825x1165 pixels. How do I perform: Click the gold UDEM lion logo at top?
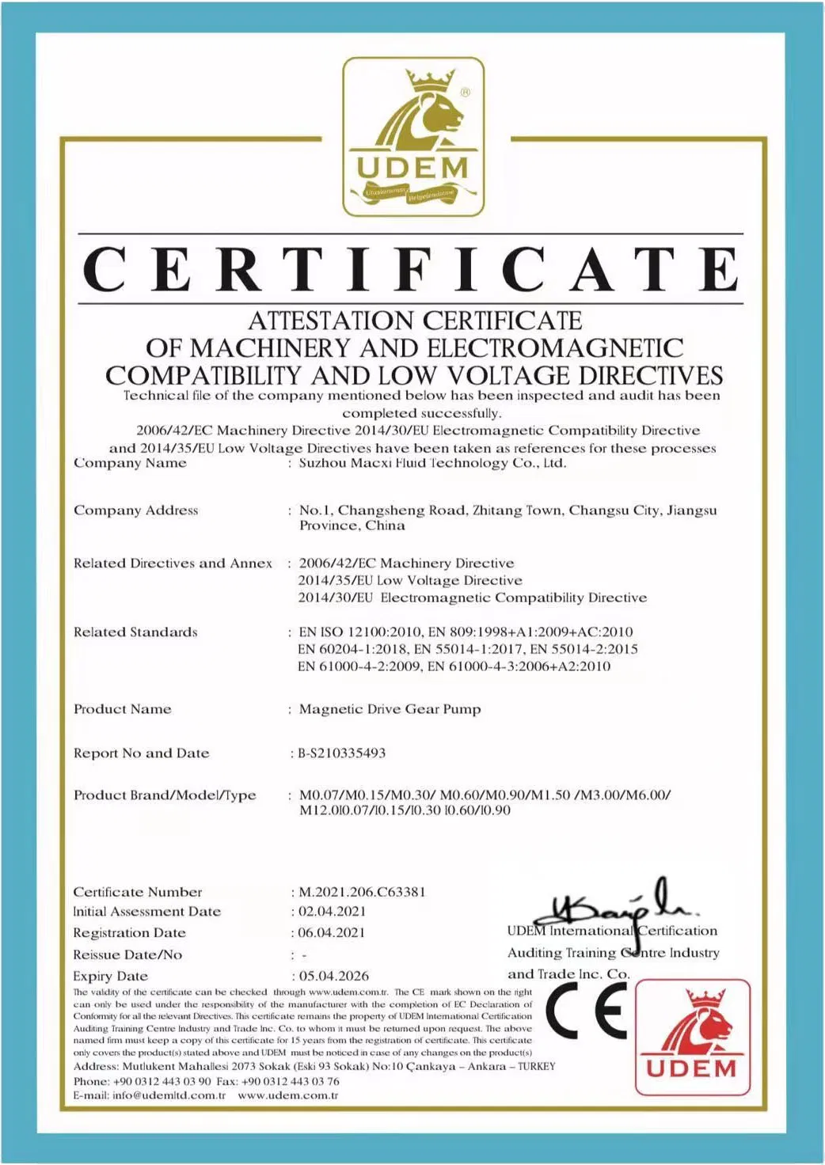[412, 136]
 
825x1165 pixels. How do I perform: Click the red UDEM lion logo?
[693, 1037]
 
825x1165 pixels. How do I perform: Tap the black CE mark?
[587, 1012]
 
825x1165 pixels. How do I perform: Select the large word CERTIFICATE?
[411, 270]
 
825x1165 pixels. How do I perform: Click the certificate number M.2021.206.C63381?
[363, 892]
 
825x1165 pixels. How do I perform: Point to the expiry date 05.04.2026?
[334, 976]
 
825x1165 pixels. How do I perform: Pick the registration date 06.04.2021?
[332, 933]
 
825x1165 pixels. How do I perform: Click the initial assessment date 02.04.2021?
[332, 912]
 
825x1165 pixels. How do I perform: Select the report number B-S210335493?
[342, 753]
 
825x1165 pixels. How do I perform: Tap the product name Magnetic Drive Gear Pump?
[390, 709]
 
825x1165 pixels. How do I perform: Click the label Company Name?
[130, 463]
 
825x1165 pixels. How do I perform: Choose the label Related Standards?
[135, 632]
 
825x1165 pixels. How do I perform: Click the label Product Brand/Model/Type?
[165, 795]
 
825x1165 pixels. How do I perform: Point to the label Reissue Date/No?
[127, 954]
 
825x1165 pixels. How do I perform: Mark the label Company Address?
[135, 510]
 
